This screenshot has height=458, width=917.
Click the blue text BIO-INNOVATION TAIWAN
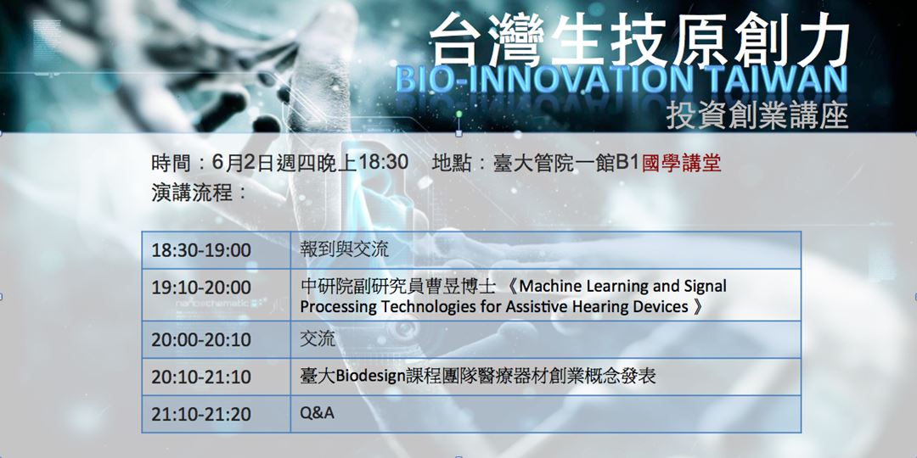621,81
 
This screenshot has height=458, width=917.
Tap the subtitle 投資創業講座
757,115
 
